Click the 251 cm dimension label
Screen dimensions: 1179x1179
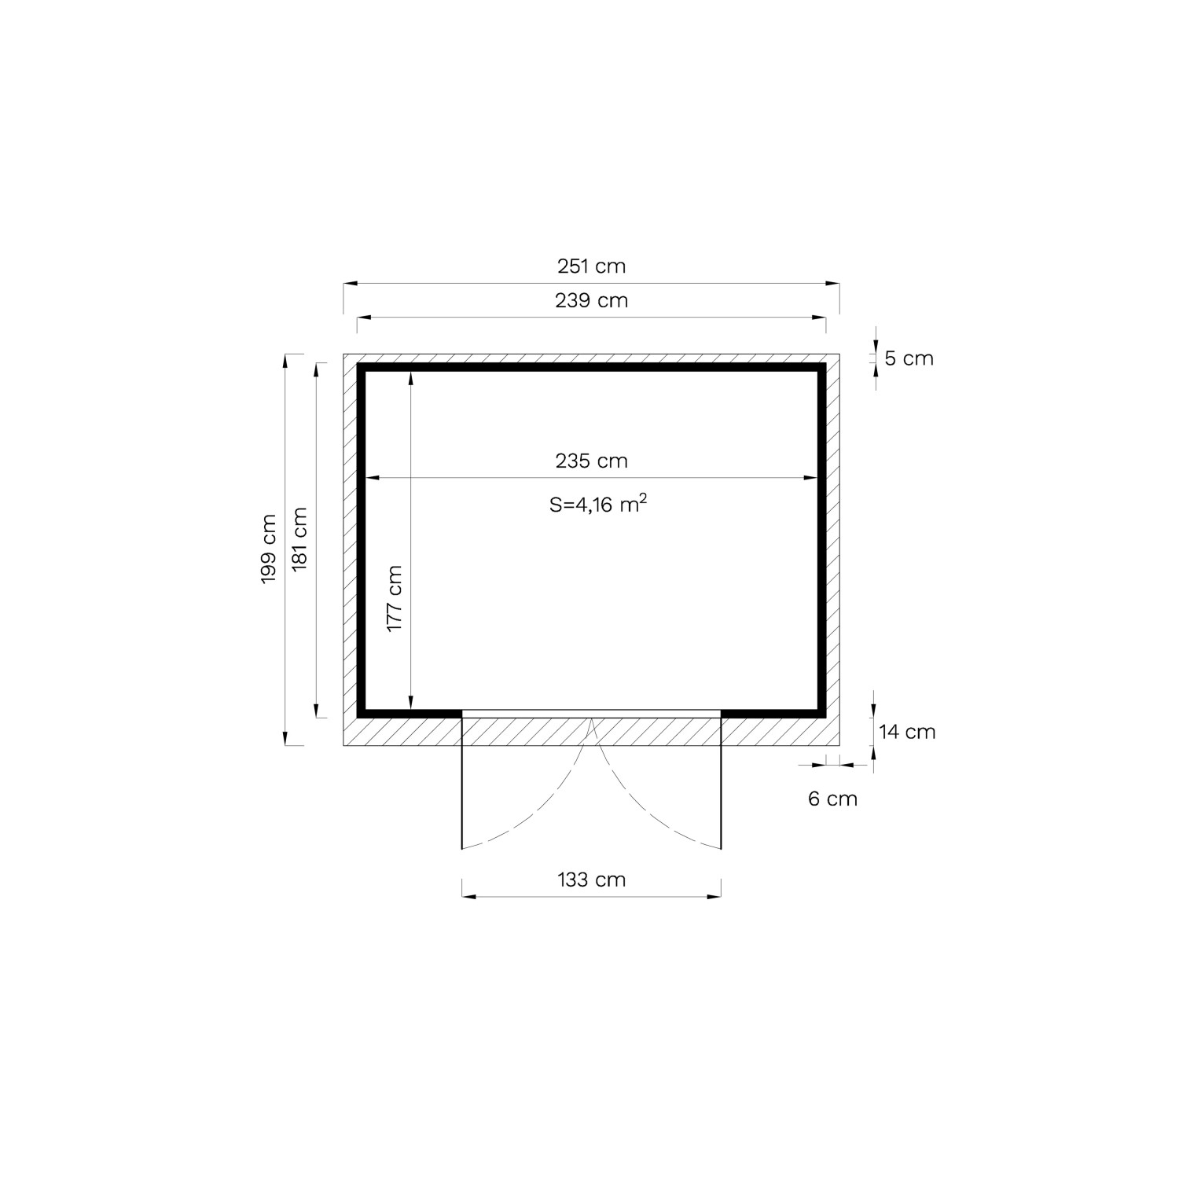coord(591,266)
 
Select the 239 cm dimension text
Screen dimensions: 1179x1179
coord(591,300)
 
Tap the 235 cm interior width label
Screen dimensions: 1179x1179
coord(591,461)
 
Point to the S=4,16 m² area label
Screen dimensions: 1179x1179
coord(598,504)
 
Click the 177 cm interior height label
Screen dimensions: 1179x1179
coord(395,598)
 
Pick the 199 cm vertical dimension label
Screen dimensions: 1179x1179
coord(269,548)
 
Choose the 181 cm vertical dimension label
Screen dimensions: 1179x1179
coord(299,540)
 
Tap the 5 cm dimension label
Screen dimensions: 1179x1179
coord(909,358)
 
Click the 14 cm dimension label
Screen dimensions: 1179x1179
coord(907,732)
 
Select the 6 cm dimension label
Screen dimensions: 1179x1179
coord(832,799)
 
